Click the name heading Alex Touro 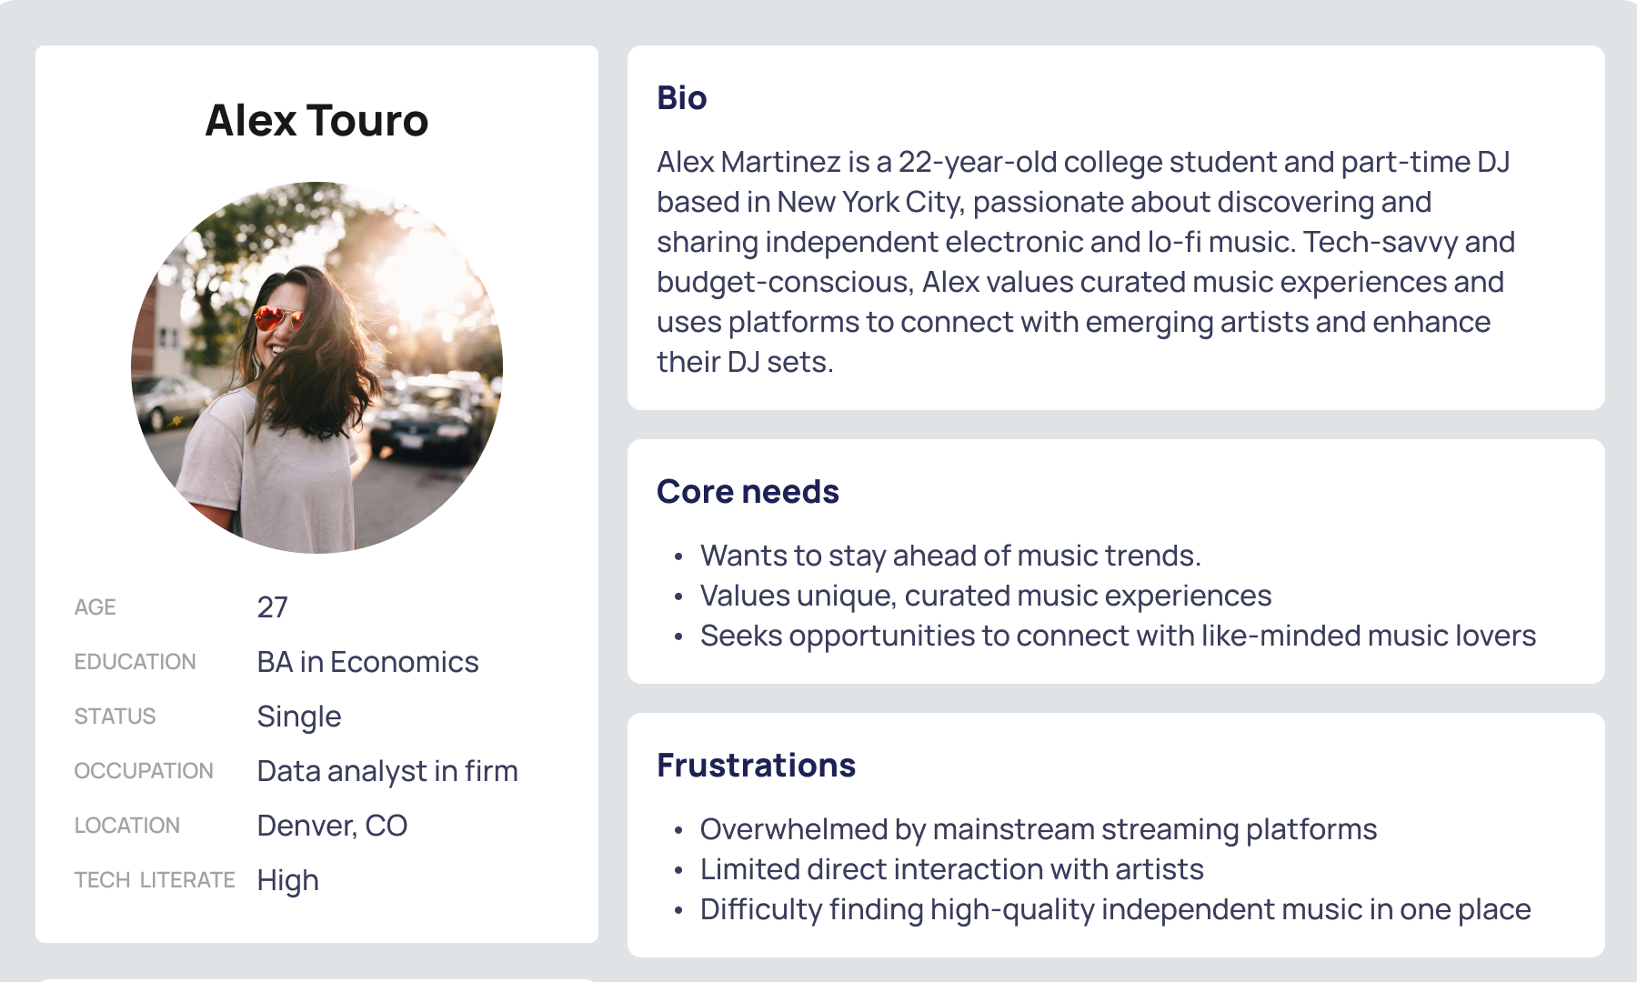click(316, 120)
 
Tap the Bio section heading click(682, 97)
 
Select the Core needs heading click(748, 491)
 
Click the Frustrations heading click(756, 765)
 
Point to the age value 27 click(273, 606)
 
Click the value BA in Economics click(367, 661)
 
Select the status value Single click(299, 716)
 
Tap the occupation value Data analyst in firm click(387, 771)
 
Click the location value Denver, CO click(332, 826)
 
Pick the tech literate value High click(288, 880)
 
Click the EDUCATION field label click(136, 662)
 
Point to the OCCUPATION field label click(144, 771)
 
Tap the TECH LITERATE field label click(155, 880)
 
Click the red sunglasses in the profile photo click(277, 318)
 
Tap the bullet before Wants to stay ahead click(678, 556)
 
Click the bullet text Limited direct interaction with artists click(952, 869)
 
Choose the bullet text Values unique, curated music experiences click(986, 596)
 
